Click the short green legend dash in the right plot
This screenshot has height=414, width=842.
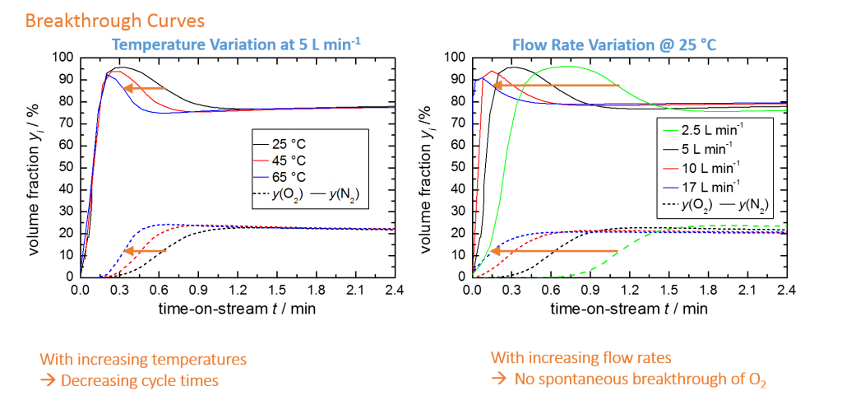(671, 130)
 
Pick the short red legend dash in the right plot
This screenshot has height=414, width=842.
(671, 168)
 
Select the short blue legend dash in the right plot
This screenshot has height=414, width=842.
(671, 187)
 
